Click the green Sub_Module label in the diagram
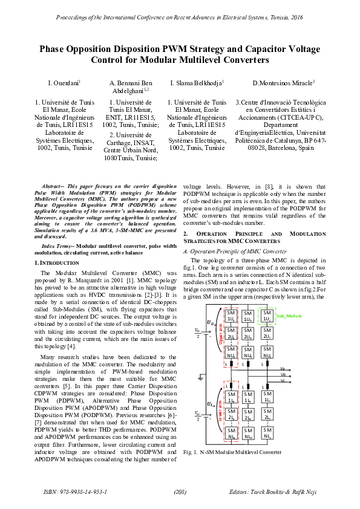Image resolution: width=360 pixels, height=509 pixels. [x=289, y=316]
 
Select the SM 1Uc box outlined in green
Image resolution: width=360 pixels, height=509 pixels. [x=266, y=316]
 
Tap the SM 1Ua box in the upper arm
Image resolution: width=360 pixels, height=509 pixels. [x=231, y=316]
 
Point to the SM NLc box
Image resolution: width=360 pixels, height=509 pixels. [x=266, y=433]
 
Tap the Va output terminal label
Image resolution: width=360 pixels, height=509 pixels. [x=283, y=368]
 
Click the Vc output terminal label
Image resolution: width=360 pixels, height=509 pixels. [x=283, y=381]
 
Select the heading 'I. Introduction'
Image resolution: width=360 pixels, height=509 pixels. [x=53, y=263]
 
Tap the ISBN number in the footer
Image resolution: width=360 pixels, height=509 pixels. [x=76, y=493]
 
